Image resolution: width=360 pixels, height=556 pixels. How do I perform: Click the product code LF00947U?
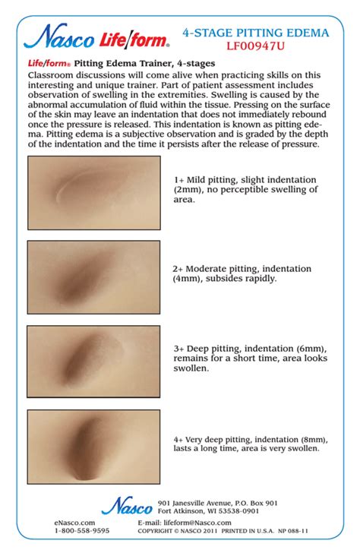[255, 46]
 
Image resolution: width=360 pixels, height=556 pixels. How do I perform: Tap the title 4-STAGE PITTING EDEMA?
[256, 33]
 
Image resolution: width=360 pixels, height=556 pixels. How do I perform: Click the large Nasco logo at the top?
[59, 36]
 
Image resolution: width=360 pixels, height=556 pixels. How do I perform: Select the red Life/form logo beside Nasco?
[134, 39]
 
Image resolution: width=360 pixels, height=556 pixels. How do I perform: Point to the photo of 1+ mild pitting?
[94, 193]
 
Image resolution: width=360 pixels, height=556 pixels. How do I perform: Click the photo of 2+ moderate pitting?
[93, 277]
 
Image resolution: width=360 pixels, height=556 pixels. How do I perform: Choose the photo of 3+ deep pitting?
[93, 362]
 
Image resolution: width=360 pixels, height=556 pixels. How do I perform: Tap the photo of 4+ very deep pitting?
[93, 447]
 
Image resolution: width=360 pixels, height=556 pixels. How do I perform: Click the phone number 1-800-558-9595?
[82, 531]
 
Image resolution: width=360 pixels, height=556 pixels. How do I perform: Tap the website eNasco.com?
[74, 523]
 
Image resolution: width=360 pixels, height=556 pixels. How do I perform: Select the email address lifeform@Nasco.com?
[197, 523]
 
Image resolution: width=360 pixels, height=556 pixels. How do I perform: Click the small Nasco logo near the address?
[127, 506]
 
